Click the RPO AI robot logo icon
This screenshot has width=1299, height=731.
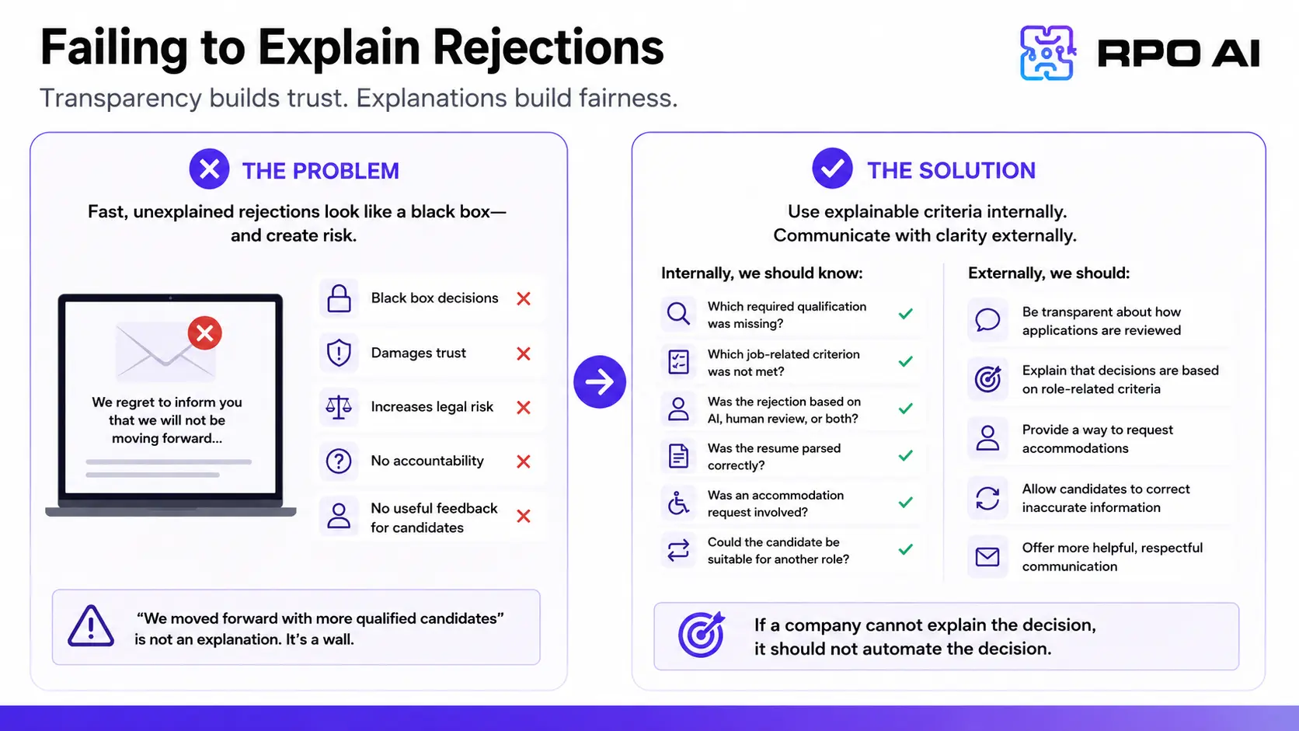(x=1047, y=52)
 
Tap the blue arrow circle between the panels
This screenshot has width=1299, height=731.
(x=600, y=381)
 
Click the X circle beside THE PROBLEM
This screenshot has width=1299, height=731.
(x=209, y=169)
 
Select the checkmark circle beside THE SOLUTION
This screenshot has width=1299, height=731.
(x=832, y=168)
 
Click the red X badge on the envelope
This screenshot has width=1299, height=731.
(x=204, y=332)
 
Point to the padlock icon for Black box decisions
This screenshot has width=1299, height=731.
(x=339, y=298)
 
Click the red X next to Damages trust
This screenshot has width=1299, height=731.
(x=524, y=353)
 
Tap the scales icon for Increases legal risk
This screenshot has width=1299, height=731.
(x=339, y=408)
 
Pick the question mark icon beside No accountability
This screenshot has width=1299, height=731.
(x=339, y=461)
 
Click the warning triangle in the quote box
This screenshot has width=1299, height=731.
(x=90, y=626)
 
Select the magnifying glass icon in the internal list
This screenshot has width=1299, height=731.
(x=678, y=314)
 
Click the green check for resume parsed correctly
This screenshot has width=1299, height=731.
(x=905, y=456)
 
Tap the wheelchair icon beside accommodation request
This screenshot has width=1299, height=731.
(x=678, y=503)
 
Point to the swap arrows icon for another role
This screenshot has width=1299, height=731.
(x=678, y=550)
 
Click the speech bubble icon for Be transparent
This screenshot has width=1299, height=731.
(x=987, y=319)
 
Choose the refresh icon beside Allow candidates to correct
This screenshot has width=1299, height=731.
(x=987, y=498)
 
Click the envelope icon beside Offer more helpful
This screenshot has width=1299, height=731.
(x=987, y=557)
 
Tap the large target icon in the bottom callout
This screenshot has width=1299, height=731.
(x=701, y=634)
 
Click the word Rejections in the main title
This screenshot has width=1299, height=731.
(x=548, y=48)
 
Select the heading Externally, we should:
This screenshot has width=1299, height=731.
(x=1049, y=273)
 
